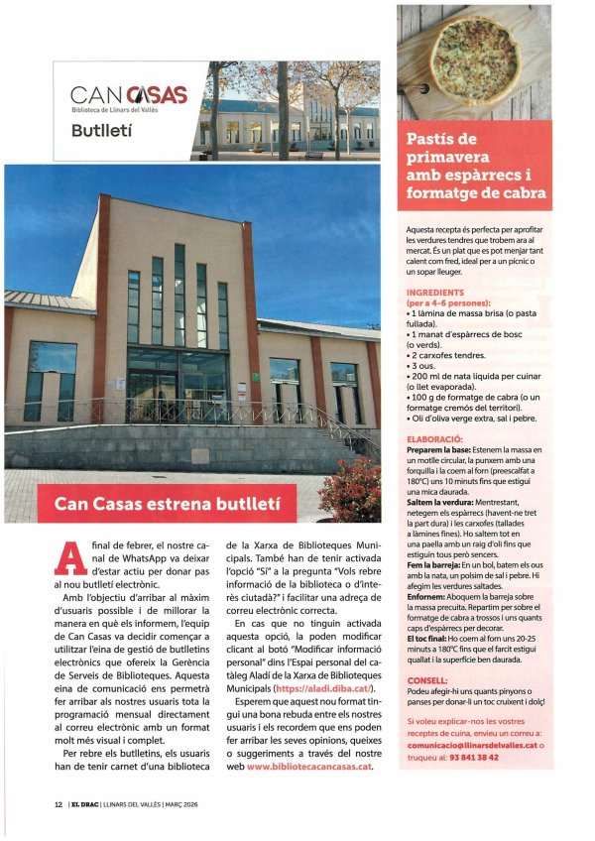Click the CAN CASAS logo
pos(129,97)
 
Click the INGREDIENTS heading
pos(436,294)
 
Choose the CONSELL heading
pos(428,709)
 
